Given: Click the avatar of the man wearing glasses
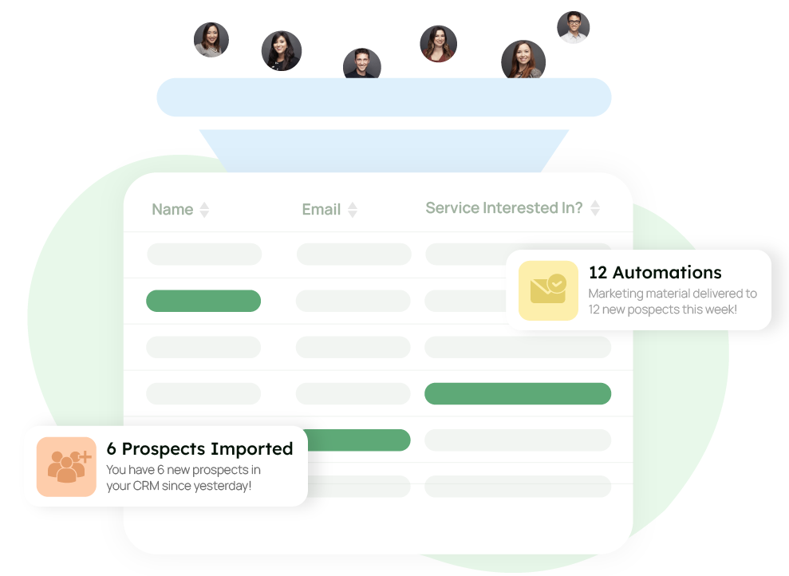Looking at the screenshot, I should click(573, 27).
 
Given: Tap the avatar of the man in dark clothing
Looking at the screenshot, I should click(361, 65).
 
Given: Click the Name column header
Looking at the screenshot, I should click(172, 210).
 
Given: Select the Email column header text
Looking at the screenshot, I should click(321, 210).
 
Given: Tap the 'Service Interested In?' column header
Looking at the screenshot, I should click(503, 208).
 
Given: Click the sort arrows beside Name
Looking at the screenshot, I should click(204, 210).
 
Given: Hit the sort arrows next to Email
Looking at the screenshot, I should click(353, 210).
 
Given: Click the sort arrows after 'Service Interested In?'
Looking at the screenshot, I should click(594, 208).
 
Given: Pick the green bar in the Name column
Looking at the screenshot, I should click(203, 301).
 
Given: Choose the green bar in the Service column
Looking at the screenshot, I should click(517, 393).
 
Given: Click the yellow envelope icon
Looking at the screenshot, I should click(548, 290).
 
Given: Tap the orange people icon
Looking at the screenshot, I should click(66, 467).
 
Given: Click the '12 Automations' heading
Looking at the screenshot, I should click(654, 273).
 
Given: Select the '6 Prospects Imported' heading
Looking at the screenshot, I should click(199, 449).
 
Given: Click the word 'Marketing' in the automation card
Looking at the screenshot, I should click(616, 294).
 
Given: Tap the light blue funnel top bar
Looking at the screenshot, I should click(384, 97).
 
